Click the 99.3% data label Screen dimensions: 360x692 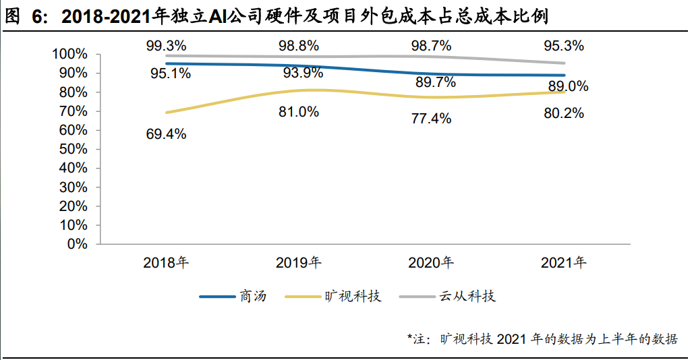pyautogui.click(x=166, y=46)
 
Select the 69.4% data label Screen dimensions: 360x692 pyautogui.click(x=166, y=133)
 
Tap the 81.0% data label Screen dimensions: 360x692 pyautogui.click(x=299, y=112)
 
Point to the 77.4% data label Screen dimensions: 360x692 pyautogui.click(x=431, y=119)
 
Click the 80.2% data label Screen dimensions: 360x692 pyautogui.click(x=564, y=113)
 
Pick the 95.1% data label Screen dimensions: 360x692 pyautogui.click(x=170, y=73)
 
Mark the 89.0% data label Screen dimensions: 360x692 pyautogui.click(x=568, y=86)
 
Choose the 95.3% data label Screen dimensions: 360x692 pyautogui.click(x=564, y=46)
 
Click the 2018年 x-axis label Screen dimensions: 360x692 pyautogui.click(x=166, y=263)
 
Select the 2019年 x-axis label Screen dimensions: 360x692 pyautogui.click(x=299, y=263)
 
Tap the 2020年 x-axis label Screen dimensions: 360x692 pyautogui.click(x=431, y=263)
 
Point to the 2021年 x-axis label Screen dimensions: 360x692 pyautogui.click(x=564, y=263)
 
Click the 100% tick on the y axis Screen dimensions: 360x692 pyautogui.click(x=69, y=54)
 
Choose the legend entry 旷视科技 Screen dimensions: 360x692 pyautogui.click(x=353, y=296)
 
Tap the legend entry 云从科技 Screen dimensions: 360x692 pyautogui.click(x=467, y=296)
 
